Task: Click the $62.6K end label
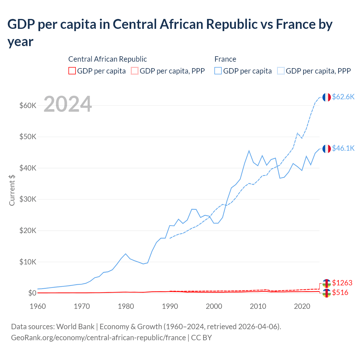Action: [x=343, y=97]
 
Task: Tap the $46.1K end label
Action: [x=343, y=148]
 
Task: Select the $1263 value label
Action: [x=342, y=283]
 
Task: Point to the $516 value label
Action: [x=340, y=292]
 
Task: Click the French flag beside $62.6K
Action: [x=327, y=97]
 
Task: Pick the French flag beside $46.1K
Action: [x=327, y=149]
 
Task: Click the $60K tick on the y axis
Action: [x=28, y=105]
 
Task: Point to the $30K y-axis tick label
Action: [x=28, y=199]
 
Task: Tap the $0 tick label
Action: [x=32, y=293]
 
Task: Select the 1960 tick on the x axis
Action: [x=38, y=306]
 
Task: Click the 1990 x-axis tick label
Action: [x=170, y=306]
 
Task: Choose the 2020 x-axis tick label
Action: [x=302, y=306]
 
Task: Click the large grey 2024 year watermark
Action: [x=68, y=104]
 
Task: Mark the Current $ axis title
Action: [x=12, y=190]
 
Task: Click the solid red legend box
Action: [x=72, y=71]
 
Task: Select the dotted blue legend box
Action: [x=281, y=71]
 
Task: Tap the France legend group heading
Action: [x=225, y=59]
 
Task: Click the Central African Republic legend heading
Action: [x=107, y=59]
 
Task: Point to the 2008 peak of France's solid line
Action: [x=249, y=151]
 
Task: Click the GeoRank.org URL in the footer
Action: [x=98, y=338]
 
